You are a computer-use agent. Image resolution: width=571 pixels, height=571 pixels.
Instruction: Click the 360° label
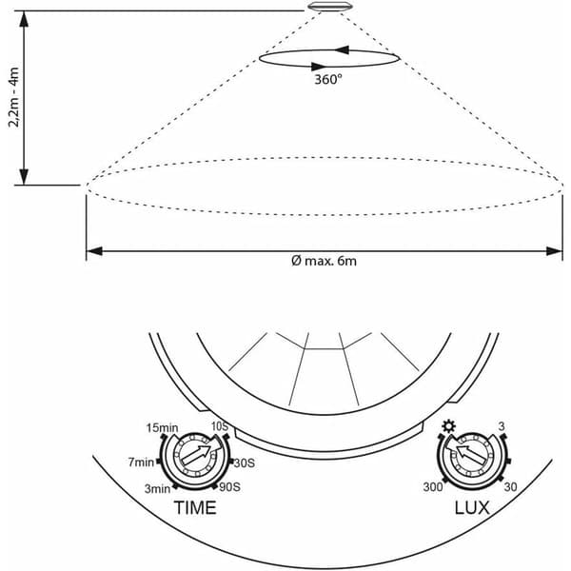(328, 79)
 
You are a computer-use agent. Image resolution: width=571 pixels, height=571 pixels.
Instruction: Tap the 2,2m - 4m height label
(14, 97)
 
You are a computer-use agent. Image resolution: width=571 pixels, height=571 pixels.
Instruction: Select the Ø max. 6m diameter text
(324, 261)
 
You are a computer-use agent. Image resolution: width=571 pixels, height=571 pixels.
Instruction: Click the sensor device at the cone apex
(330, 7)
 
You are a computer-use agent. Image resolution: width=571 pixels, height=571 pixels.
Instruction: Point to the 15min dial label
(162, 427)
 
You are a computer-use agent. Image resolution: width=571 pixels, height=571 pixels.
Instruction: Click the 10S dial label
(220, 426)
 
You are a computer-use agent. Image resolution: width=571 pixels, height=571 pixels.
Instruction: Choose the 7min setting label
(141, 463)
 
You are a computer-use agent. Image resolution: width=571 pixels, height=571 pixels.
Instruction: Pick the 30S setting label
(245, 463)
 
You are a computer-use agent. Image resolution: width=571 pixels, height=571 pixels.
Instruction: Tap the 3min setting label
(157, 488)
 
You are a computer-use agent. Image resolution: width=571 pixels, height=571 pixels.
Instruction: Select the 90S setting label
(229, 487)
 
